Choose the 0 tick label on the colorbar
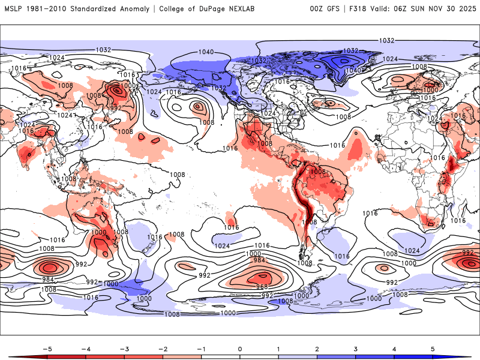(239, 349)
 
